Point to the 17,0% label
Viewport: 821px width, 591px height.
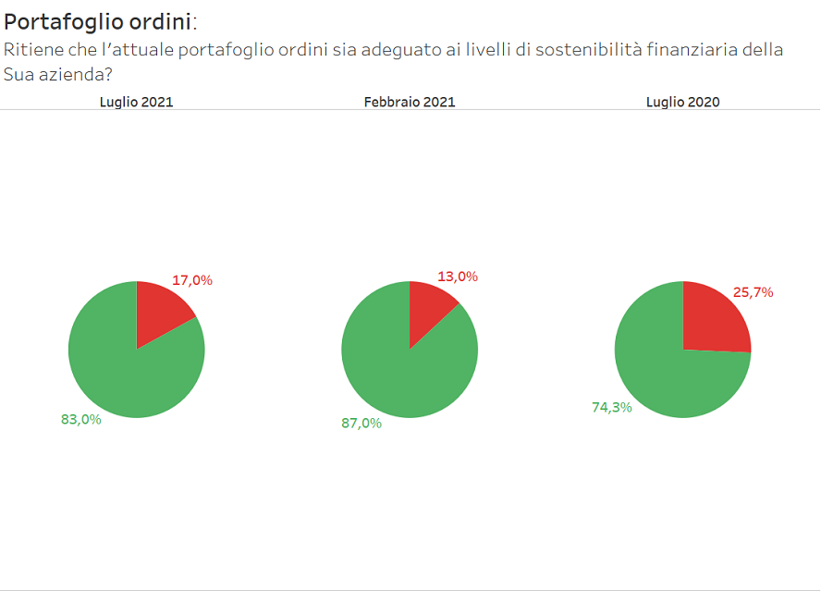[x=192, y=280]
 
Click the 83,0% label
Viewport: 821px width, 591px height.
[x=80, y=419]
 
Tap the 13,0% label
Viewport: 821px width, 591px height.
[x=458, y=277]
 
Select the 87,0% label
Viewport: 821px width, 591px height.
[x=361, y=423]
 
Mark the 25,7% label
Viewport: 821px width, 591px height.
[x=753, y=292]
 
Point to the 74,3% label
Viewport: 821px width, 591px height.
[x=612, y=407]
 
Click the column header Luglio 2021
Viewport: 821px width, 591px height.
[x=136, y=103]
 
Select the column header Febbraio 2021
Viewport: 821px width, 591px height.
[x=410, y=103]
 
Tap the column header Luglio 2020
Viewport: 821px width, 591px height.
[x=682, y=103]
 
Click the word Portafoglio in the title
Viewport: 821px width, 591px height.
[x=59, y=23]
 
